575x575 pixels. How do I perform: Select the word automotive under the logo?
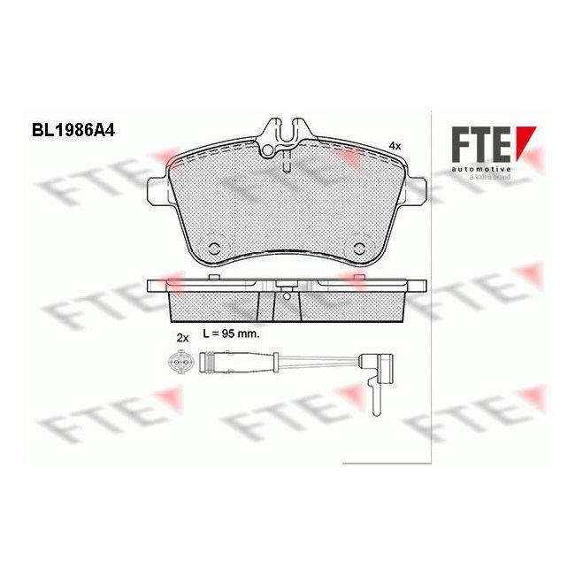tap(482, 167)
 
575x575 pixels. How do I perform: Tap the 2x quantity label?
tap(183, 338)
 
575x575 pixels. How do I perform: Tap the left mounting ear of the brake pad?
tap(157, 189)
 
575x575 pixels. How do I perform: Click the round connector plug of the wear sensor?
tap(178, 361)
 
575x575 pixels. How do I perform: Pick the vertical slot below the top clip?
tap(286, 163)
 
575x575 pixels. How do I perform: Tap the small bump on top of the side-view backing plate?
tap(215, 278)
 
